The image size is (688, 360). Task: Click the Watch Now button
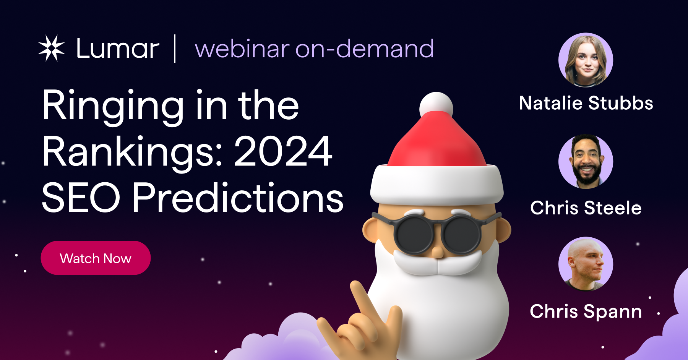click(96, 258)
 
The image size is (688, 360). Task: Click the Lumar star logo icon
click(52, 48)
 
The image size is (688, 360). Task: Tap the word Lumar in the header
click(118, 49)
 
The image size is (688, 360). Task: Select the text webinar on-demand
click(314, 49)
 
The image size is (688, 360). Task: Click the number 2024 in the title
click(283, 152)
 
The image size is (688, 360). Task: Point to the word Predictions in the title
click(238, 198)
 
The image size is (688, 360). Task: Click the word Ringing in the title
click(113, 106)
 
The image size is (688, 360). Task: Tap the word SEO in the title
click(81, 198)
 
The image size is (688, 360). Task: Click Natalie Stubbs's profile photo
click(586, 60)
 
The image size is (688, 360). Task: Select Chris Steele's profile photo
click(586, 162)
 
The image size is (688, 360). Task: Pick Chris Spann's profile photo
click(586, 264)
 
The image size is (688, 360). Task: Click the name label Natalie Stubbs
click(586, 103)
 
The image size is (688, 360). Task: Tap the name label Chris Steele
click(586, 208)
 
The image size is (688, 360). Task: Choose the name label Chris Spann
click(586, 311)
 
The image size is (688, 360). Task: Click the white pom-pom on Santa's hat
click(436, 105)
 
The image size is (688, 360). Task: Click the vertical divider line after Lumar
click(175, 49)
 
